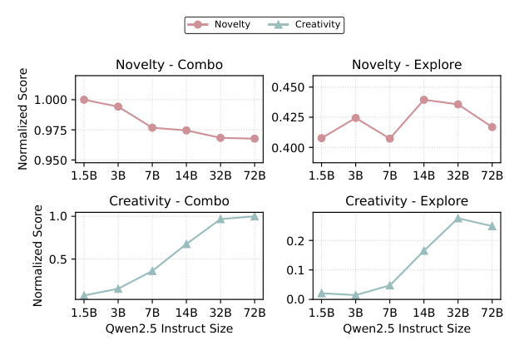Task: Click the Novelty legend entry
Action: pos(220,25)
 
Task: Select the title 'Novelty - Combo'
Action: pos(169,65)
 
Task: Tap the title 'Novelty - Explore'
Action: pos(407,65)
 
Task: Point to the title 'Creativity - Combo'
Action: pos(169,201)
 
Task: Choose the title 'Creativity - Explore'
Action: pos(407,201)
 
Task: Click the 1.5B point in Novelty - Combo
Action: pos(84,100)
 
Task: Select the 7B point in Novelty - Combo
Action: pos(152,127)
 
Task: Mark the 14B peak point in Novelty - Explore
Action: pos(423,100)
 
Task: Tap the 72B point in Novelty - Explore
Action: pos(492,127)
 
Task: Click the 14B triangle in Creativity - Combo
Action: pos(186,244)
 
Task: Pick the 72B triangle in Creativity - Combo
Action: pos(255,216)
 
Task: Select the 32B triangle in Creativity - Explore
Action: pos(458,219)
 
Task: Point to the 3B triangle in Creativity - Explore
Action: pos(355,295)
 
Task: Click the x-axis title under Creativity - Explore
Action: pos(407,328)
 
